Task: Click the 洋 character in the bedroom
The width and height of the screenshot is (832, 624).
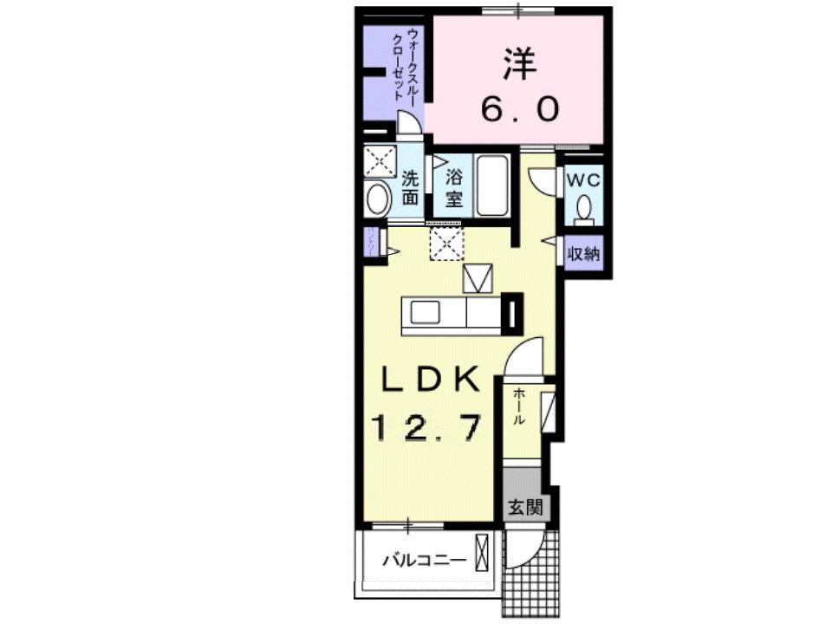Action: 517,62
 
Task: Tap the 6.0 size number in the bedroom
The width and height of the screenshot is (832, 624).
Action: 520,109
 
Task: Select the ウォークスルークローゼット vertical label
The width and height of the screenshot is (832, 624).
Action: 405,68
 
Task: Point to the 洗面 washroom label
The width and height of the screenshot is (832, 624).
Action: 411,188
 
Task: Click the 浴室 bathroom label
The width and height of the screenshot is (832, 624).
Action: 454,188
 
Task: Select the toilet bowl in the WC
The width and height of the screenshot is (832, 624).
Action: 584,207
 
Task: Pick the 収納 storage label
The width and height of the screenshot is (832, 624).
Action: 583,255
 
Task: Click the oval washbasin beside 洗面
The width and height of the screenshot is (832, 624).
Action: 379,199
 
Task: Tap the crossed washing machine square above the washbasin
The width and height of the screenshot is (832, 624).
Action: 379,161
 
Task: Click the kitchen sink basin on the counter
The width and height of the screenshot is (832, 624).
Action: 426,312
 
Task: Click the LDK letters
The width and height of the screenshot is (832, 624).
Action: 426,379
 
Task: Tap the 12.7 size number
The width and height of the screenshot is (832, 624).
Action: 426,426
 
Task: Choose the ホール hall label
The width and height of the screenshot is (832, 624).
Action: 518,406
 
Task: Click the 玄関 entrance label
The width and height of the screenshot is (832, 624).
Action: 525,507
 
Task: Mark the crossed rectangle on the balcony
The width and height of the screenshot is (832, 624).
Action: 482,552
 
